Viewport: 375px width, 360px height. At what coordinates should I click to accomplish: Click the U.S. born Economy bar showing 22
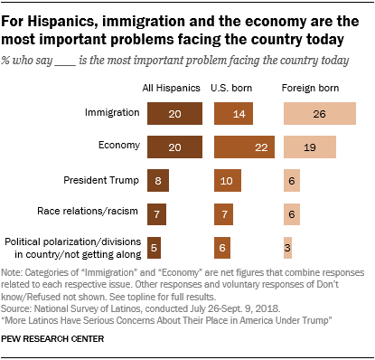tap(241, 147)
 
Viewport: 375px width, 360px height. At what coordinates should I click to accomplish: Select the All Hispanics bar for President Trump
tap(158, 180)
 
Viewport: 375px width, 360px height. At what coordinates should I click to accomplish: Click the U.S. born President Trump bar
tap(225, 180)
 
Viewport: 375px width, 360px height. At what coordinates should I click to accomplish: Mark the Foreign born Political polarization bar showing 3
tap(288, 246)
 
